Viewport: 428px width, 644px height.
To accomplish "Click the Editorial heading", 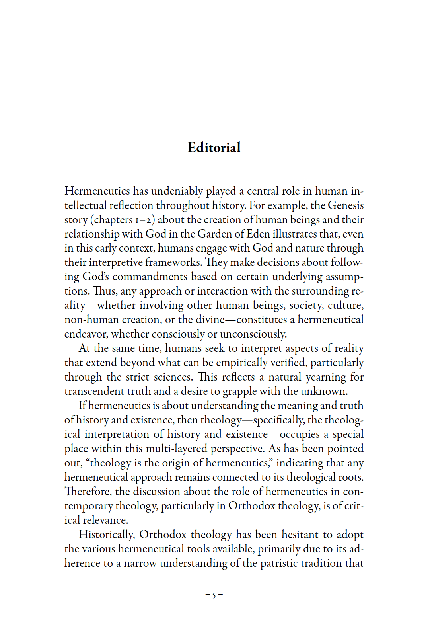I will coord(214,148).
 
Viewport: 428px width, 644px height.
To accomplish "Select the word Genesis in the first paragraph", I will coord(345,205).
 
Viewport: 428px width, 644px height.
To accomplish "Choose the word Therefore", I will coord(88,492).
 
